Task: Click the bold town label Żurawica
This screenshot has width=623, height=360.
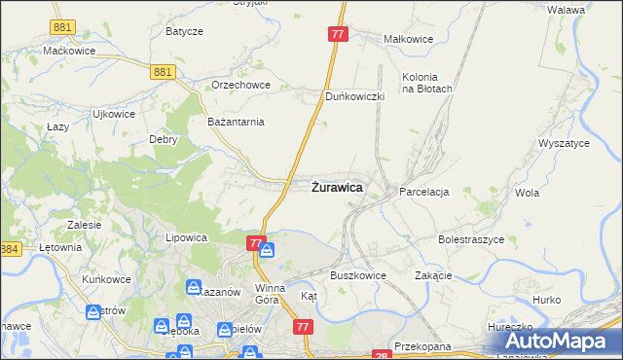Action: tap(338, 187)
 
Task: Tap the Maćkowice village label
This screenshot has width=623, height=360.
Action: tap(67, 50)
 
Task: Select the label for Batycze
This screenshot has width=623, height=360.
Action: tap(184, 31)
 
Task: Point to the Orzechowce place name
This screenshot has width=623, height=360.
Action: tap(240, 85)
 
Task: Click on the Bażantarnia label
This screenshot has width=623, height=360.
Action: tap(237, 122)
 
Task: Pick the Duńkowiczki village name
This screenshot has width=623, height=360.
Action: tap(355, 96)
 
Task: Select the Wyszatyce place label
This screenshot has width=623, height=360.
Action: tap(564, 143)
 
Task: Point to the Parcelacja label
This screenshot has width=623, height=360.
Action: tap(423, 193)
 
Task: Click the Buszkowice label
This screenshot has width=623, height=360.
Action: tap(357, 275)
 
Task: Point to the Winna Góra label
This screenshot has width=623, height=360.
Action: tap(270, 294)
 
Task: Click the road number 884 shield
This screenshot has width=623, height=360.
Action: tap(10, 250)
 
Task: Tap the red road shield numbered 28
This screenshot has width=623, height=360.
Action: tap(381, 355)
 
